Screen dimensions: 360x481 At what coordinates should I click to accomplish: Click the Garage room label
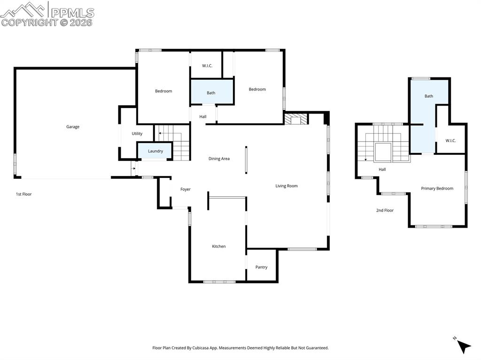73,127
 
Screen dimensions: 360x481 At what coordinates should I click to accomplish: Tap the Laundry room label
155,151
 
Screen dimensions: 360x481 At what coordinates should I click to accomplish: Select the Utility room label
137,134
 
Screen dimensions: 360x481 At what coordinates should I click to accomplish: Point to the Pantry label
261,267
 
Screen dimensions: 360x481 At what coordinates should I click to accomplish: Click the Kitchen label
219,246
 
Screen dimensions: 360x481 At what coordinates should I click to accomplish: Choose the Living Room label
287,186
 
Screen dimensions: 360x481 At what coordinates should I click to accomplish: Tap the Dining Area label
219,159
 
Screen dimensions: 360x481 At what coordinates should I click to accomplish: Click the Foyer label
186,189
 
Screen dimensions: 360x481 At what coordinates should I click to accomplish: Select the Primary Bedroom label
437,188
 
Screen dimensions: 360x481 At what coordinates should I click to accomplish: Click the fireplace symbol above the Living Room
295,119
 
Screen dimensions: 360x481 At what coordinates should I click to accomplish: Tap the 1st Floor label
23,194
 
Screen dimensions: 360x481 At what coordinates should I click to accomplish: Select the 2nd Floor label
385,210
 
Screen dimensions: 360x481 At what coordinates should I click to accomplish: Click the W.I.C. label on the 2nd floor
450,140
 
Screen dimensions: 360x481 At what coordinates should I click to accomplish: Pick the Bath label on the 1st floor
211,93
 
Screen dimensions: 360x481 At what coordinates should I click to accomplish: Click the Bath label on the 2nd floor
429,96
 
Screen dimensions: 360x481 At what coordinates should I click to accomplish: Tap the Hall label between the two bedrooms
203,116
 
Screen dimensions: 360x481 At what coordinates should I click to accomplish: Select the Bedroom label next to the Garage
163,91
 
